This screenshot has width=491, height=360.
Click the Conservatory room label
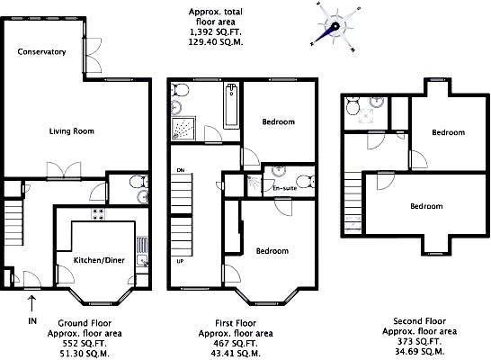pos(41,51)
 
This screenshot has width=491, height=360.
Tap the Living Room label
pos(72,131)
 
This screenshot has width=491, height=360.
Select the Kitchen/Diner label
pos(99,260)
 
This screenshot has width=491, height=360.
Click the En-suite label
pos(285,188)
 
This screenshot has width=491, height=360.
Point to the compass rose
pos(335,27)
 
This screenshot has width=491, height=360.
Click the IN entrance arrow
pos(31,303)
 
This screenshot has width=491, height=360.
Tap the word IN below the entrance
pos(32,320)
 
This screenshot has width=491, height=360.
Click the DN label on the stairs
pos(181,170)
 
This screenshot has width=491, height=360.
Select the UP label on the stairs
pos(181,261)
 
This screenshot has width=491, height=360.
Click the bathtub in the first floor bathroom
pos(232,105)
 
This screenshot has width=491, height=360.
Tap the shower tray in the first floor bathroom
pos(183,129)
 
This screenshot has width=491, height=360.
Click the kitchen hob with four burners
pos(98,214)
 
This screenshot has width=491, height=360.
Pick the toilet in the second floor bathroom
pos(353,107)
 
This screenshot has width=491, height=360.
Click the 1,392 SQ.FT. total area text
pos(215,32)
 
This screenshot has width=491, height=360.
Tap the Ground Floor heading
pos(85,323)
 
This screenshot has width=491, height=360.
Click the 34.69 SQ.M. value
pos(419,351)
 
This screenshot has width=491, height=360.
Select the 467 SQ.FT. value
pos(236,344)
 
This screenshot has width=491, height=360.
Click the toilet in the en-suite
pos(306,182)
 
